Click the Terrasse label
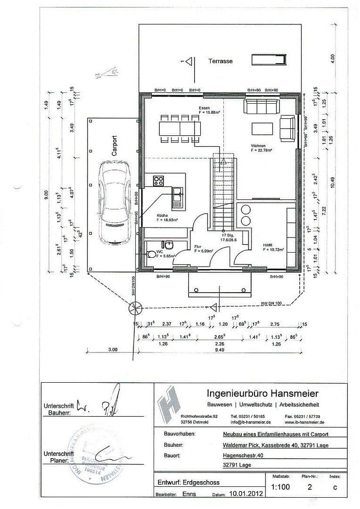(221, 61)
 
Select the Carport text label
(114, 146)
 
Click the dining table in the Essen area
(180, 128)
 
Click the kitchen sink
(177, 197)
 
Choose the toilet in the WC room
(152, 254)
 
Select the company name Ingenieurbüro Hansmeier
(262, 393)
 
